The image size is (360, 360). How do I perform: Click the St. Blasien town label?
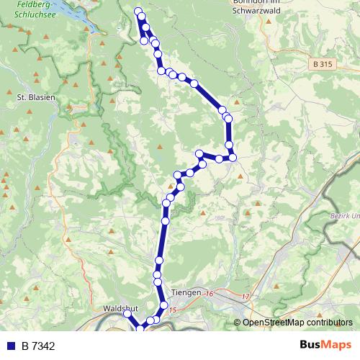click(x=36, y=96)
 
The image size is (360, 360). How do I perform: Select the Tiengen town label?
click(x=186, y=292)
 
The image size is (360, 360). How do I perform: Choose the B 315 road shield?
click(x=323, y=64)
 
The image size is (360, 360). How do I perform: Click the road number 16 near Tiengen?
click(x=210, y=294)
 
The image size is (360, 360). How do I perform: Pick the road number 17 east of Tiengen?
click(x=246, y=297)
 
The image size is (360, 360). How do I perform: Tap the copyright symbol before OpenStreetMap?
click(x=237, y=323)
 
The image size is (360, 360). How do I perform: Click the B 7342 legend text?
click(x=38, y=346)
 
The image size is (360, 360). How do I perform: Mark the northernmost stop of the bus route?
click(x=138, y=10)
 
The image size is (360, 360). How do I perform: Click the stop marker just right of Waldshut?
click(x=127, y=314)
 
